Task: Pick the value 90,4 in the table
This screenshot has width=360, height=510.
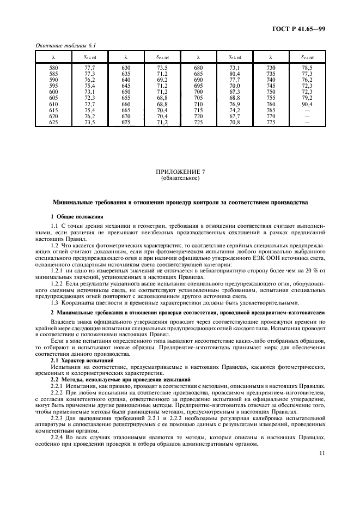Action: [307, 103]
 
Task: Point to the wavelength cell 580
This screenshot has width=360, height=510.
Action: [53, 68]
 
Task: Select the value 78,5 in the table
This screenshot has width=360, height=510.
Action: [307, 68]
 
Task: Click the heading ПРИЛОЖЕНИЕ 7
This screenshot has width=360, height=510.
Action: [180, 172]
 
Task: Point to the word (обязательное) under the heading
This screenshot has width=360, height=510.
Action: [180, 178]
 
